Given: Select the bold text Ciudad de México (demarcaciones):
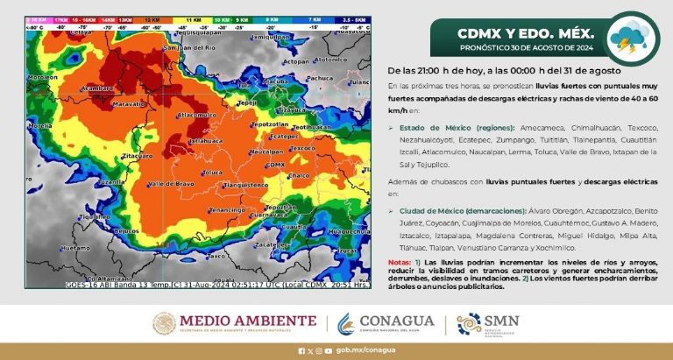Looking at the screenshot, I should (455, 212).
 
